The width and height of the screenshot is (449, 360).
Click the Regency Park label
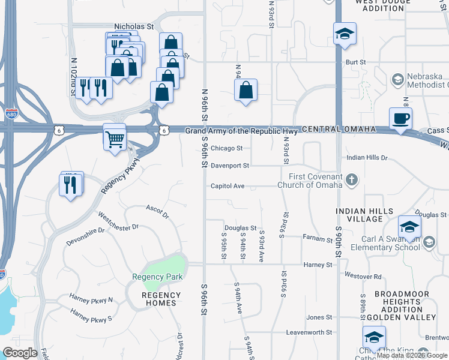(157, 277)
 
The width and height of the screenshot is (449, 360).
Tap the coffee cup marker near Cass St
(400, 118)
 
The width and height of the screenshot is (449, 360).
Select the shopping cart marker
(115, 139)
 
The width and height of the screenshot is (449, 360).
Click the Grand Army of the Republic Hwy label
(241, 131)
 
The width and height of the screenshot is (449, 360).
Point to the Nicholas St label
(134, 27)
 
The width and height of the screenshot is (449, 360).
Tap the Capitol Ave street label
(227, 186)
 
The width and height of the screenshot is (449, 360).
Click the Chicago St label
(226, 148)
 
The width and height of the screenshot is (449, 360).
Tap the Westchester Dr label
(118, 222)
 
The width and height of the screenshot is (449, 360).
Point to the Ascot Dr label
(158, 211)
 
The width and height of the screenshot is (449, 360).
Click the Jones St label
(319, 317)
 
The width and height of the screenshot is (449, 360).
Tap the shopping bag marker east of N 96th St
(246, 91)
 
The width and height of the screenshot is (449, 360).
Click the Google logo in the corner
(20, 353)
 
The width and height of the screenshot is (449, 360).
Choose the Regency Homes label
(161, 299)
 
